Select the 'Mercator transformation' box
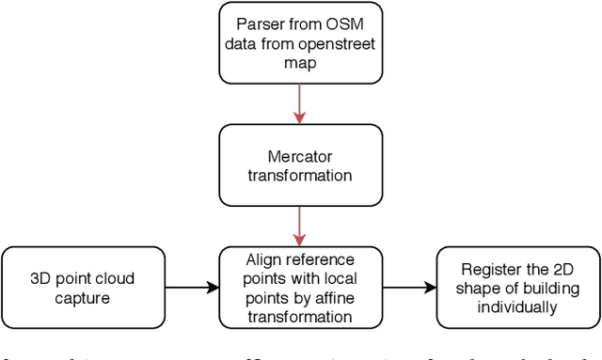[x=300, y=166]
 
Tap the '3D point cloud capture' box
[x=83, y=288]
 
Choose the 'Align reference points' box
[x=300, y=288]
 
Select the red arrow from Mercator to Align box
[x=300, y=227]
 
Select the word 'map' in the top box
[x=300, y=62]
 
